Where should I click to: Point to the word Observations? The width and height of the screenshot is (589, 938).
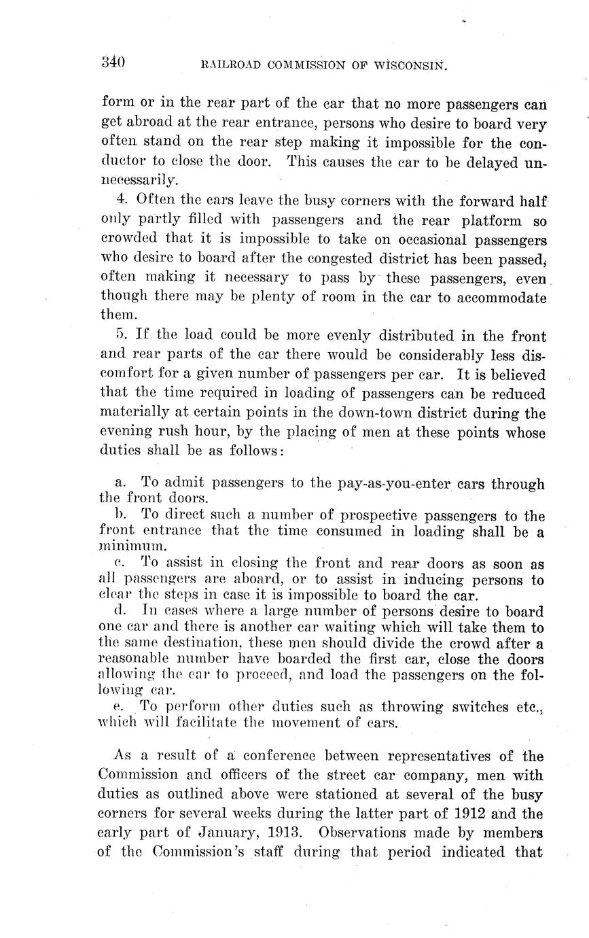tap(361, 833)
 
